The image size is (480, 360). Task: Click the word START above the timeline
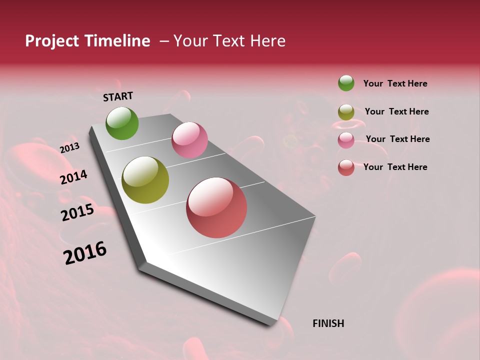tap(118, 96)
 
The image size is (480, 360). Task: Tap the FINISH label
tap(328, 323)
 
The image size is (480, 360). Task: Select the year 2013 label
tap(69, 147)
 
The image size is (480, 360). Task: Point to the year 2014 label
tap(73, 177)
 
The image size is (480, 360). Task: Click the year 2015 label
tap(77, 212)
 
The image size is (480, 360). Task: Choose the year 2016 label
tap(85, 253)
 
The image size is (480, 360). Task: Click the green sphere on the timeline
tap(122, 123)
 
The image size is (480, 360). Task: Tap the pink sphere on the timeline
tap(189, 140)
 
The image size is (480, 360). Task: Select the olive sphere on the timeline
tap(145, 180)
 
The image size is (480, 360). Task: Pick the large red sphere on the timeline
tap(216, 207)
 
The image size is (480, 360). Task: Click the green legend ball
tap(346, 83)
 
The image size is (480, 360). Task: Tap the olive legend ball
tap(346, 112)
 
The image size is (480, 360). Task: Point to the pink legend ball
tap(346, 140)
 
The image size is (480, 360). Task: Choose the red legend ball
tap(346, 167)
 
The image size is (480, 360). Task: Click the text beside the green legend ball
tap(395, 84)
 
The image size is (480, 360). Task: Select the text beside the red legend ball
tap(395, 167)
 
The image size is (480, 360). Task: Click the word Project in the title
tap(52, 41)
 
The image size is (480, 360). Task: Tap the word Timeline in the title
tap(117, 41)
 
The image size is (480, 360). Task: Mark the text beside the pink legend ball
tap(397, 139)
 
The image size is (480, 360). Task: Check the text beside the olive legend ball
tap(396, 111)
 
